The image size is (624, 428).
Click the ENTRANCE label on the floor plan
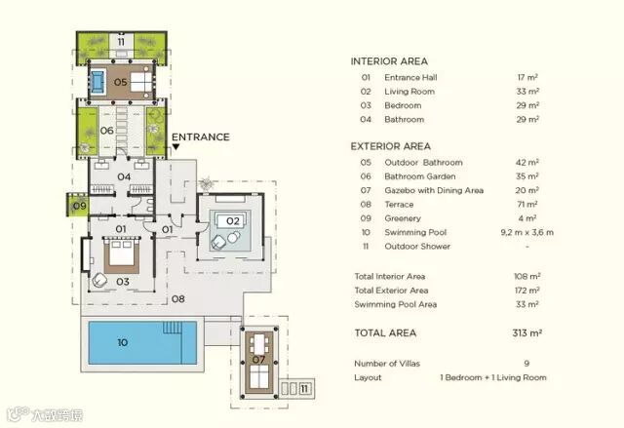[x=201, y=137]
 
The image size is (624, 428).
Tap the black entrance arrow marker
[x=175, y=147]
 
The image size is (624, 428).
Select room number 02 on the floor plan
[x=233, y=221]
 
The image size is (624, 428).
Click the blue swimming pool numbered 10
[x=142, y=343]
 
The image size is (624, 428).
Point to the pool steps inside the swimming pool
[x=173, y=328]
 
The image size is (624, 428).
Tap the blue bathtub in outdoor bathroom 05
[x=97, y=82]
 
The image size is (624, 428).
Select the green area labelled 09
[x=77, y=206]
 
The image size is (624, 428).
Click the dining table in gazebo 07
[x=259, y=344]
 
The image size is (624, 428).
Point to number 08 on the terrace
[x=177, y=298]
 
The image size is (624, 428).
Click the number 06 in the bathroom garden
[x=106, y=131]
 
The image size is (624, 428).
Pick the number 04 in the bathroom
[x=124, y=176]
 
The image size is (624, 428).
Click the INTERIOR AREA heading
[x=389, y=61]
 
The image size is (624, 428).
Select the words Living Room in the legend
[x=409, y=92]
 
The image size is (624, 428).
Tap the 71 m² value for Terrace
[x=526, y=204]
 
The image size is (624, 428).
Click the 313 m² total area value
[x=526, y=332]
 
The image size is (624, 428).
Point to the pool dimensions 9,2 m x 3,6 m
[x=526, y=232]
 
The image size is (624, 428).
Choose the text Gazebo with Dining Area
[x=434, y=190]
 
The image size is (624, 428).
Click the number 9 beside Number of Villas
[x=526, y=363]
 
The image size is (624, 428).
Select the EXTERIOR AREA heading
[x=390, y=146]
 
